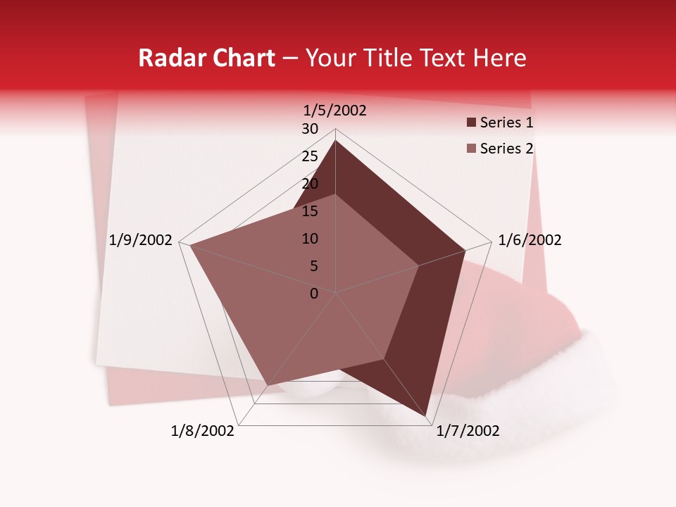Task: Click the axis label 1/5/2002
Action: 334,111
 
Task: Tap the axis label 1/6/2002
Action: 530,240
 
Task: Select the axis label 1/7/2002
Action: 468,431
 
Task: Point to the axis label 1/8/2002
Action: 203,431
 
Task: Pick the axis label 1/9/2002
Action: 140,240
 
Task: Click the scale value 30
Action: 310,129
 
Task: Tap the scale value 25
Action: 310,156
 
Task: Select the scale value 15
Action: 310,211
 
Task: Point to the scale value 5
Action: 313,266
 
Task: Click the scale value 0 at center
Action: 314,294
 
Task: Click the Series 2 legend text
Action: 506,149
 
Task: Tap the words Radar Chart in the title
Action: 206,58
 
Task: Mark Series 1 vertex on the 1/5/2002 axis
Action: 335,140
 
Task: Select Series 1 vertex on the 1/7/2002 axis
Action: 427,418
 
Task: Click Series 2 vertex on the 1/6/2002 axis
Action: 418,266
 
